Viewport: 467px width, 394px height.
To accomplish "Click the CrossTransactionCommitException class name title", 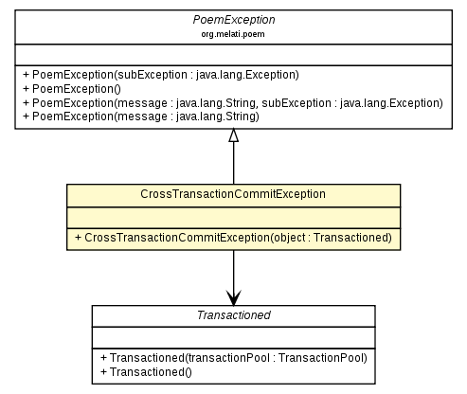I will tap(233, 193).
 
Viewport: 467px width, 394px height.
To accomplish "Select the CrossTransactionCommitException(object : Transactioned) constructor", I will tap(233, 236).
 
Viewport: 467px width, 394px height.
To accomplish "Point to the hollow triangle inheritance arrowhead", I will tap(233, 135).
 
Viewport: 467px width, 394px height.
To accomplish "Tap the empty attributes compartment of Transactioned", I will tap(233, 338).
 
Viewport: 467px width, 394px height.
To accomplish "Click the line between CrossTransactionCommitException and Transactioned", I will tap(233, 270).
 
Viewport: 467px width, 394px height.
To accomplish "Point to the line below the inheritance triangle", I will tap(233, 163).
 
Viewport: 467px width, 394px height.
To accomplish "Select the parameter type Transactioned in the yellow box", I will tap(350, 236).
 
